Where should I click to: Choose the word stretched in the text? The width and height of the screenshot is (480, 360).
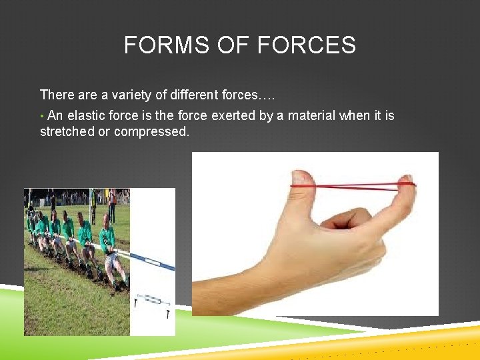[67, 131]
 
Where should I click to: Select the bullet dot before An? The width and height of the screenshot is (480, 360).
[42, 116]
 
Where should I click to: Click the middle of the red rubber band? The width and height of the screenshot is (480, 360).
[353, 185]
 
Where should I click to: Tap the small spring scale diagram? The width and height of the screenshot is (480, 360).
[153, 301]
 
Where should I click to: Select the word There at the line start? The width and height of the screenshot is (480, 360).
[56, 95]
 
